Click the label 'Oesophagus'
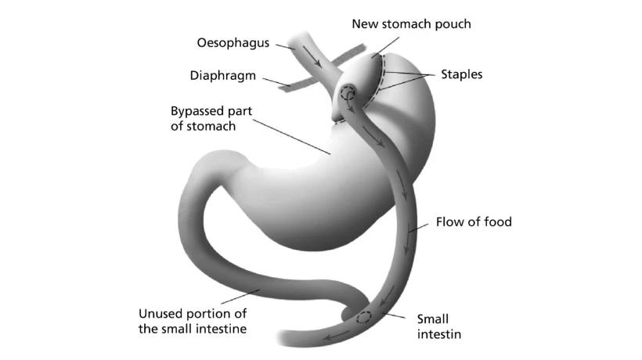click(233, 43)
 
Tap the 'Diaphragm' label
click(222, 76)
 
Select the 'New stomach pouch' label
click(411, 24)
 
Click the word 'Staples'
click(461, 74)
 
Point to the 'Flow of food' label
click(474, 221)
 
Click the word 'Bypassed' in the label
click(197, 111)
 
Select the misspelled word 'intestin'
click(439, 334)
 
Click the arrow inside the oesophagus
click(312, 56)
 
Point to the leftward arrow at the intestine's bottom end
click(335, 336)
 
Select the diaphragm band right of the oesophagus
click(348, 56)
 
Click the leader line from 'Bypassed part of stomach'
click(291, 137)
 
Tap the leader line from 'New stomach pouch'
click(385, 48)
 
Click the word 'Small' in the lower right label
click(433, 319)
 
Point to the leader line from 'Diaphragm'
click(276, 82)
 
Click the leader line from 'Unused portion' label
click(240, 297)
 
